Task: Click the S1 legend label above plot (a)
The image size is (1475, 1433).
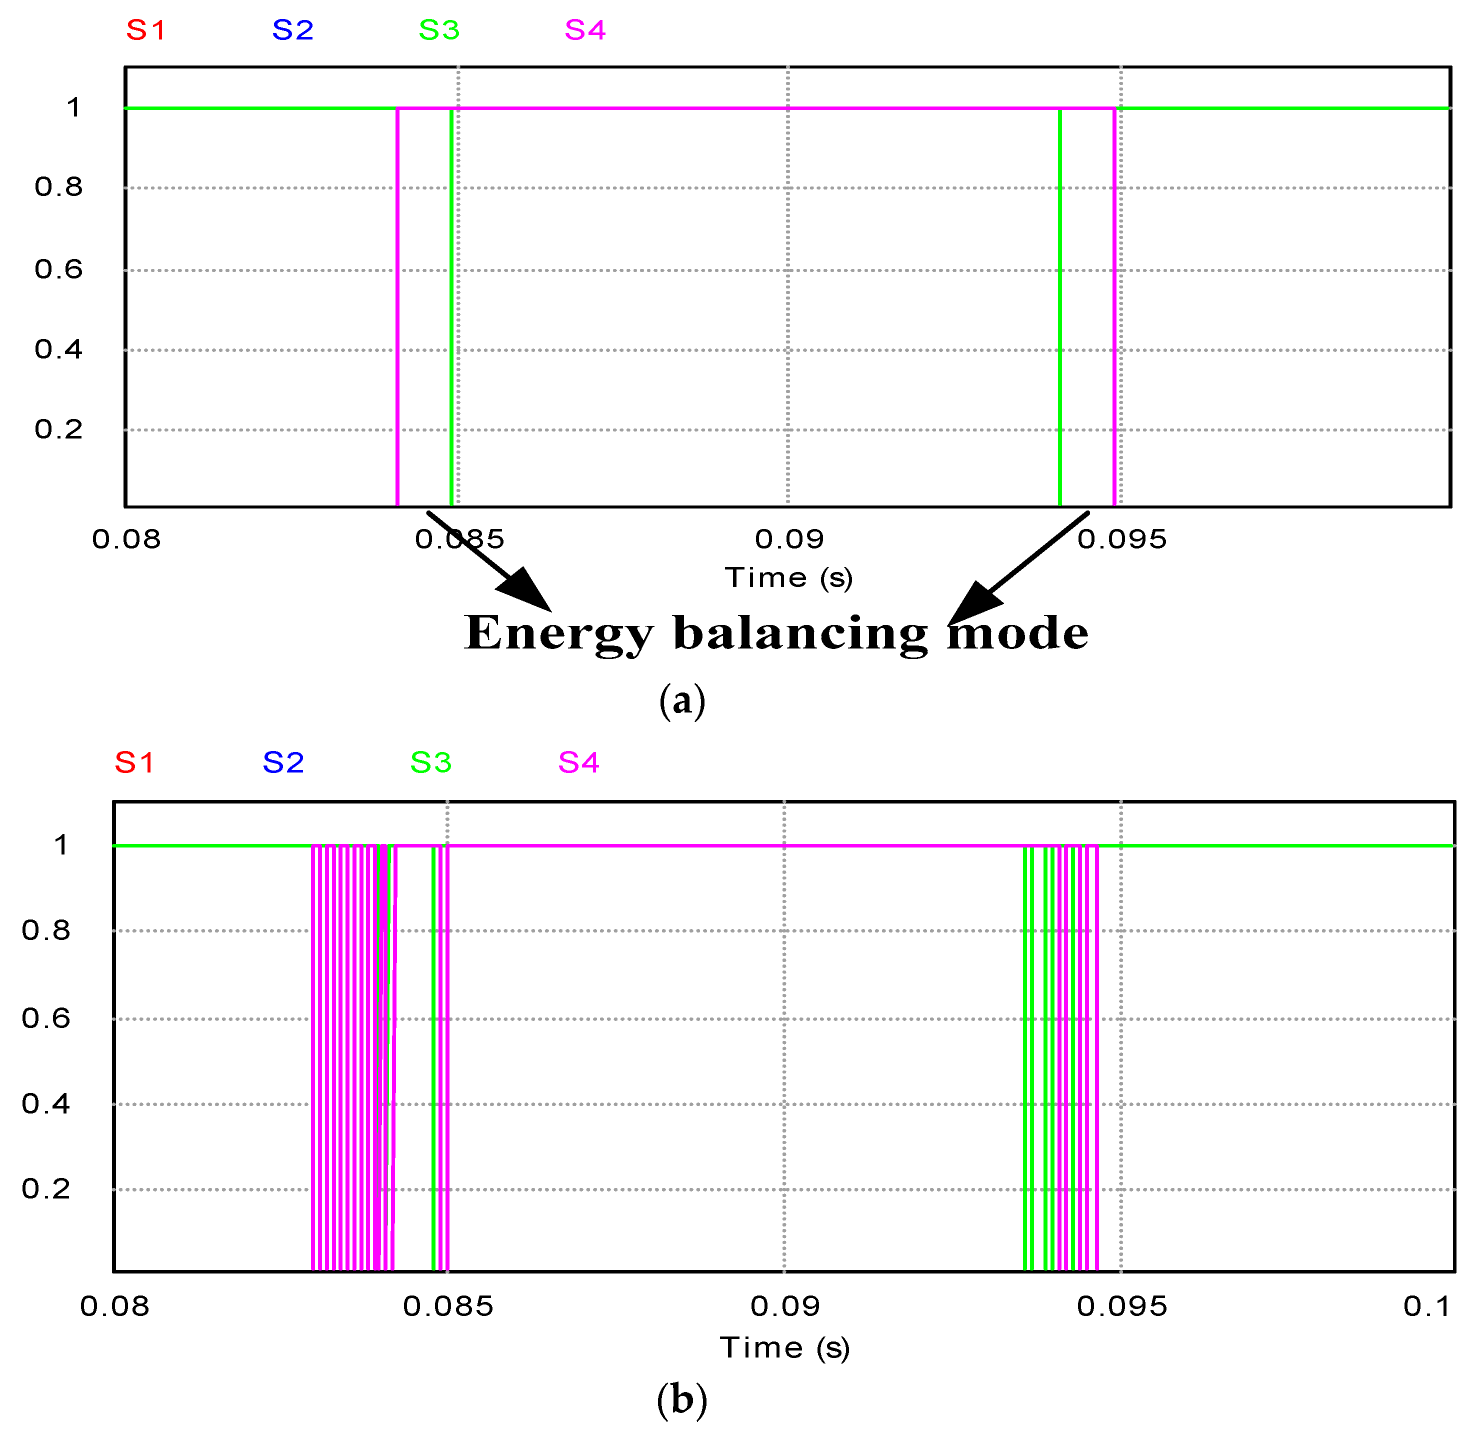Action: coord(145,30)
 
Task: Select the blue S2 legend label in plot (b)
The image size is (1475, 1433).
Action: coord(283,762)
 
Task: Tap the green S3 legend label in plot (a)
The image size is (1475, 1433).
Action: coord(438,30)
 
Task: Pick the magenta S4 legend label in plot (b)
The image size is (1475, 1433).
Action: coord(578,762)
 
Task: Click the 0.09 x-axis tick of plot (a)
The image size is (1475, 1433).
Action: coord(788,539)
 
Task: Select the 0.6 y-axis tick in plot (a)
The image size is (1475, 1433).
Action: coord(58,269)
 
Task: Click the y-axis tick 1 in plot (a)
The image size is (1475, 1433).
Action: coord(73,107)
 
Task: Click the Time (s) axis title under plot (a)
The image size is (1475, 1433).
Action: coord(788,578)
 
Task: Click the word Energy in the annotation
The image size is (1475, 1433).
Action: coord(557,633)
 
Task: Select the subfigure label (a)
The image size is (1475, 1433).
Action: coord(682,700)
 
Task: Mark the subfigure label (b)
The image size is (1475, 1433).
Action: coord(682,1399)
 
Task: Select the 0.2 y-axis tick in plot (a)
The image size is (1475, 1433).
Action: coord(58,429)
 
